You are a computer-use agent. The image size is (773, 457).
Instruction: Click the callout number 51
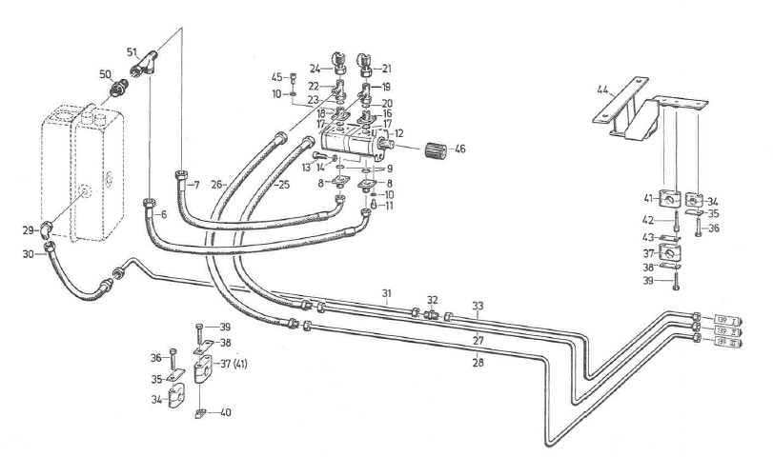tap(132, 50)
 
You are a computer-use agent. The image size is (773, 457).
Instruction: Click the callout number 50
tap(106, 74)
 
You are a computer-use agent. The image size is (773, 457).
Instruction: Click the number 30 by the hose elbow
tap(31, 254)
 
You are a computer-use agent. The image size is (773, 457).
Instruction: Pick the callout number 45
tap(275, 78)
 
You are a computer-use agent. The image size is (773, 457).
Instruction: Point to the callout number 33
tap(478, 305)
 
